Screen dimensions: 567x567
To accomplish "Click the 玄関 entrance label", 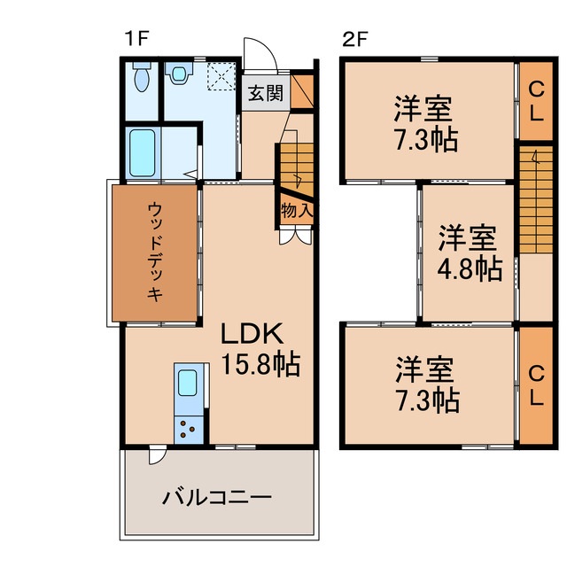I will pyautogui.click(x=264, y=93).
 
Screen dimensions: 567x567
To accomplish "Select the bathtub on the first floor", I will pyautogui.click(x=142, y=151).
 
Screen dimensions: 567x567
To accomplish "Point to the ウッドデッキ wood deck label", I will pyautogui.click(x=154, y=253).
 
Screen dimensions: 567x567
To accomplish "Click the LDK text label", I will pyautogui.click(x=251, y=335).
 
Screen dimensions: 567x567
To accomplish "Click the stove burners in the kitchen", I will pyautogui.click(x=188, y=429).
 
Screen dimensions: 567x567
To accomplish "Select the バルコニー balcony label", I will pyautogui.click(x=216, y=498).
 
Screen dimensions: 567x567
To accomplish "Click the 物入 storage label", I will pyautogui.click(x=295, y=211).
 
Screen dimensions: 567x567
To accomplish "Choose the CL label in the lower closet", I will pyautogui.click(x=537, y=385).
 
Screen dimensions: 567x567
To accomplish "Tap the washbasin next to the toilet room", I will pyautogui.click(x=180, y=75).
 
